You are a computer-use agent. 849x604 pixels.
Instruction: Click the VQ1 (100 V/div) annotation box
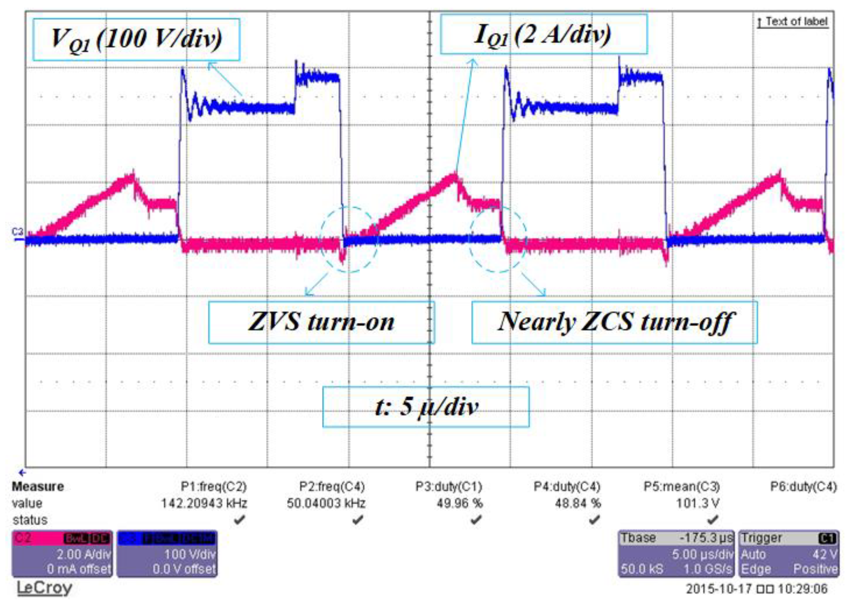(x=136, y=39)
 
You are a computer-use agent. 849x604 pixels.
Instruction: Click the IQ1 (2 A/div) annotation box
(x=543, y=35)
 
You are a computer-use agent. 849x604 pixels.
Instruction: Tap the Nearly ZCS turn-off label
(x=614, y=322)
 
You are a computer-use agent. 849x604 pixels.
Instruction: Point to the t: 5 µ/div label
(x=425, y=407)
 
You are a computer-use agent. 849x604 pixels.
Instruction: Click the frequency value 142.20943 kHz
(x=204, y=503)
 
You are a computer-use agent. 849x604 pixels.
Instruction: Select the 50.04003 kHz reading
(x=326, y=503)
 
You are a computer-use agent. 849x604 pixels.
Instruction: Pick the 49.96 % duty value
(x=459, y=503)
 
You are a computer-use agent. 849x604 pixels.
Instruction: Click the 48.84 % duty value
(x=577, y=503)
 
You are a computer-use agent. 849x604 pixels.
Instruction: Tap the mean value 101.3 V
(x=697, y=503)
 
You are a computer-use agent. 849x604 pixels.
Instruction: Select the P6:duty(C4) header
(x=803, y=487)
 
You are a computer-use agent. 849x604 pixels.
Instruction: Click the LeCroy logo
(x=44, y=588)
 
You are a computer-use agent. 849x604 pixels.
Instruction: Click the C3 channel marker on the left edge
(x=17, y=233)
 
